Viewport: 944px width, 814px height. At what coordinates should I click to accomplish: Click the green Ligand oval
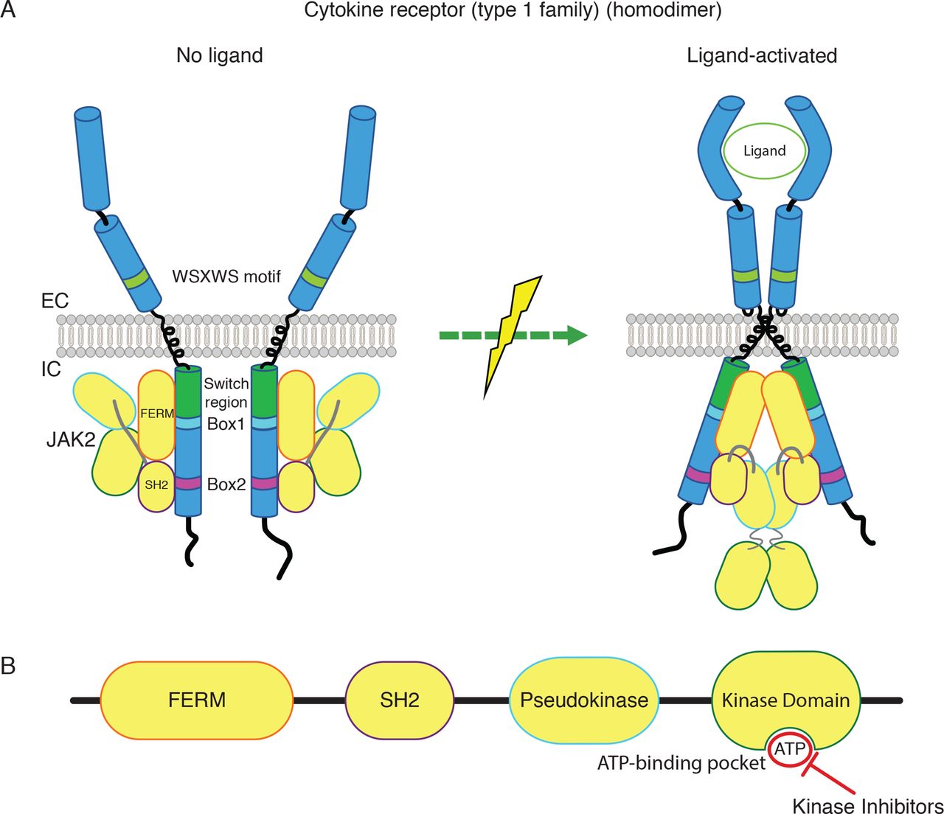click(764, 151)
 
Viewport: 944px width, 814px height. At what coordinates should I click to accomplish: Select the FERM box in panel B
click(197, 700)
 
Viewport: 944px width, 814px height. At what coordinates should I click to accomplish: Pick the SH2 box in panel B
click(399, 700)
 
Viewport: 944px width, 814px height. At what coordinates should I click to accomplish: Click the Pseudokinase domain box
click(584, 700)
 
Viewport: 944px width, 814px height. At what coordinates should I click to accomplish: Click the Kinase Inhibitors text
click(867, 804)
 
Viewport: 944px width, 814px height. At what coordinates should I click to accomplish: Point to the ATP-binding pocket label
click(681, 762)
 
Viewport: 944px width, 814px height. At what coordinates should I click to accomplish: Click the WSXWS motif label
click(226, 276)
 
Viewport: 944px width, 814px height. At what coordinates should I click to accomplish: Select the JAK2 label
click(69, 439)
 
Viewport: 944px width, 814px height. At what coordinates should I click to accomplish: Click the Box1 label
click(226, 424)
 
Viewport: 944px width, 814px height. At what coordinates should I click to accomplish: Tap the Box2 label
click(226, 484)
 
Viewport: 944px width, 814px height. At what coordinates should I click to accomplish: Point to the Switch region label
click(226, 392)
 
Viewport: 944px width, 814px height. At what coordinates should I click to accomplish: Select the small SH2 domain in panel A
click(156, 485)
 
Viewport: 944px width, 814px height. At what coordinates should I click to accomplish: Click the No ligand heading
click(219, 55)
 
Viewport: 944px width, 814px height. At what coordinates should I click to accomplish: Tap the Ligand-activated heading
click(762, 55)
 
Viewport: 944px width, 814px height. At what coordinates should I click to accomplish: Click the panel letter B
click(9, 666)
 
